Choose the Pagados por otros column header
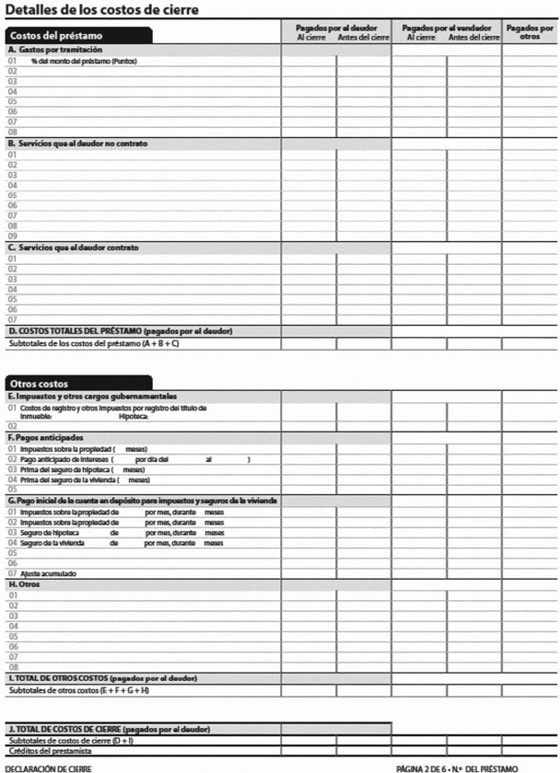point(530,32)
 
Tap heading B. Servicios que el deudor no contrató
point(77,144)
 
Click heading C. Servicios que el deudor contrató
point(73,248)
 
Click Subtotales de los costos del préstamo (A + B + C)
point(94,343)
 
